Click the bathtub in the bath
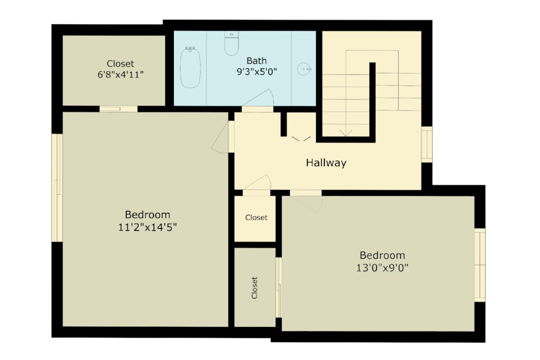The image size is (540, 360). pyautogui.click(x=190, y=68)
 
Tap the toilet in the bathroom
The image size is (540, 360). pyautogui.click(x=231, y=44)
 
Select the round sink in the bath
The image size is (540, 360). pyautogui.click(x=304, y=69)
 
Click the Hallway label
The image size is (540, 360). pyautogui.click(x=326, y=163)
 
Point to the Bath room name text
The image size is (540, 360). pyautogui.click(x=256, y=61)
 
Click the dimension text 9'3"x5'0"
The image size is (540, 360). pyautogui.click(x=256, y=72)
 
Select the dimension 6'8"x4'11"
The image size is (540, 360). pyautogui.click(x=120, y=75)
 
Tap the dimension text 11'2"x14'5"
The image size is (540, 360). pyautogui.click(x=147, y=227)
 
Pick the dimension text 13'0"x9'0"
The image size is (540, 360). pyautogui.click(x=382, y=268)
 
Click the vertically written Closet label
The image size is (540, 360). pyautogui.click(x=255, y=288)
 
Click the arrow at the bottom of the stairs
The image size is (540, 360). pyautogui.click(x=345, y=133)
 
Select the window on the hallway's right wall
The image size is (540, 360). pyautogui.click(x=427, y=144)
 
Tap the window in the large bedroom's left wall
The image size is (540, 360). pyautogui.click(x=57, y=187)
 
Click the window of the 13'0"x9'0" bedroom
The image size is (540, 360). pyautogui.click(x=480, y=265)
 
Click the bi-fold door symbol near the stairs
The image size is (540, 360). pyautogui.click(x=301, y=139)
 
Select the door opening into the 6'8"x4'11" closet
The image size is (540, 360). pyautogui.click(x=118, y=109)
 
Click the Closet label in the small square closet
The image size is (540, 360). pyautogui.click(x=256, y=217)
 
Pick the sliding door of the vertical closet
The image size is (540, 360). pyautogui.click(x=279, y=288)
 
